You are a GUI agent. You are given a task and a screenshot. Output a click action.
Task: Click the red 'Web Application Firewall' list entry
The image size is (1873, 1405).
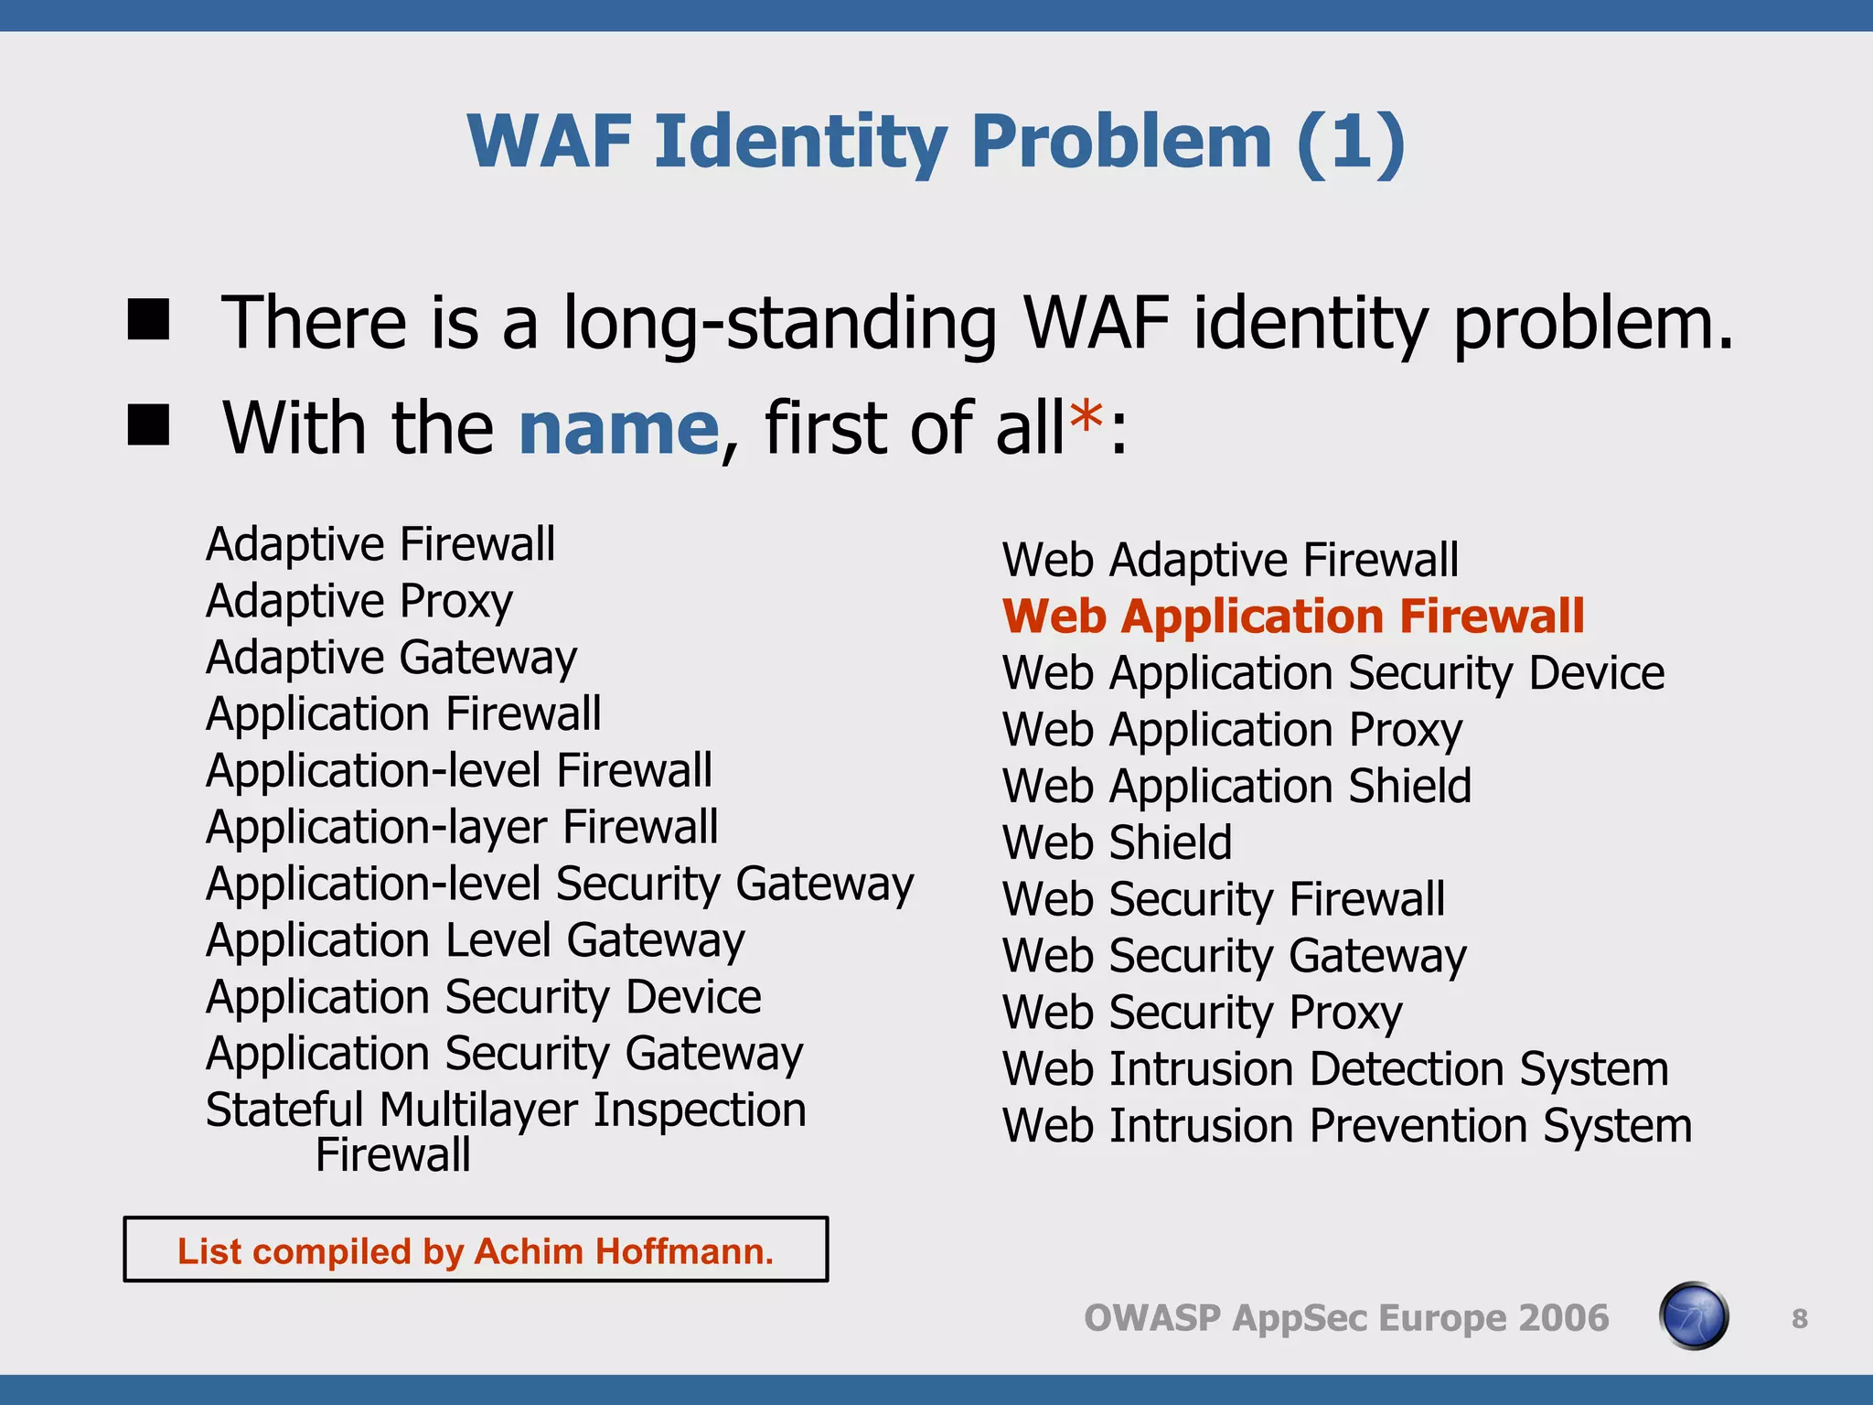pyautogui.click(x=1292, y=617)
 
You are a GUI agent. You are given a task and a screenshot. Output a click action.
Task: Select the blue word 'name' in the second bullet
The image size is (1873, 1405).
pyautogui.click(x=619, y=428)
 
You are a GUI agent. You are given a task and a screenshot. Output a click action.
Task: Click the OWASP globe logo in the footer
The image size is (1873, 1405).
pyautogui.click(x=1693, y=1316)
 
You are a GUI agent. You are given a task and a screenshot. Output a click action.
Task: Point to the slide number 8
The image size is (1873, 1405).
pyautogui.click(x=1799, y=1319)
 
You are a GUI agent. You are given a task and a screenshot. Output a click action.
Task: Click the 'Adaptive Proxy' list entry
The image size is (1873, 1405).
pyautogui.click(x=359, y=601)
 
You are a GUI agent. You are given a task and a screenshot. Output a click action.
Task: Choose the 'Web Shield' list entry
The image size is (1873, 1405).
pyautogui.click(x=1117, y=842)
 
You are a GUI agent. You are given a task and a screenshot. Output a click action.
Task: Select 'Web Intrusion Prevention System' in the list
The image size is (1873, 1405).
pyautogui.click(x=1346, y=1126)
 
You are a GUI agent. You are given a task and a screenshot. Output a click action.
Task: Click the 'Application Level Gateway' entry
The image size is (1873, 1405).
pyautogui.click(x=476, y=941)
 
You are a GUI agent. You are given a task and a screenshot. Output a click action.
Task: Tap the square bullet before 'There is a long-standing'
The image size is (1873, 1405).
pyautogui.click(x=148, y=320)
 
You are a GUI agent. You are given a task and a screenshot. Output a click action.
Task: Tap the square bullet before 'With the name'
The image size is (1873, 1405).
pyautogui.click(x=148, y=425)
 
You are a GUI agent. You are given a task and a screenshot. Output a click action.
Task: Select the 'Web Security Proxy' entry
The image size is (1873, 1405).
pyautogui.click(x=1202, y=1013)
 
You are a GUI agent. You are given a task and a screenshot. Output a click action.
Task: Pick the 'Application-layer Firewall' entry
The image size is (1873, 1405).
pyautogui.click(x=462, y=828)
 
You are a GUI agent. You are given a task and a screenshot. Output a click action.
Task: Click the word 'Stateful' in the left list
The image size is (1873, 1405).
pyautogui.click(x=284, y=1110)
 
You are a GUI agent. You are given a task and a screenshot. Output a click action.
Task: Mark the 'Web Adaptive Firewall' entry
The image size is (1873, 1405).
pyautogui.click(x=1230, y=560)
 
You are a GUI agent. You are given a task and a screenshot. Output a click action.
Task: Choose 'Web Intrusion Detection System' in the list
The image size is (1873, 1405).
pyautogui.click(x=1335, y=1069)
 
